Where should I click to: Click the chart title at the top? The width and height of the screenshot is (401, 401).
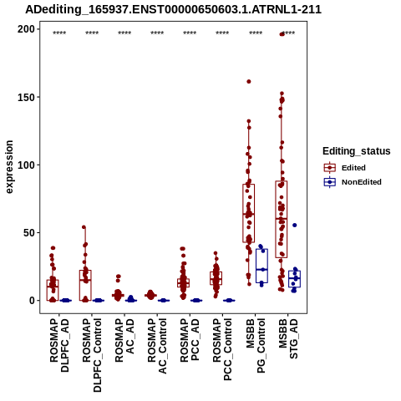point(173,9)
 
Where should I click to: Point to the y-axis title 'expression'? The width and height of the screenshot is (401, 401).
point(9,167)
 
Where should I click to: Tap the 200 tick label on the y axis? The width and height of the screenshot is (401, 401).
point(26,29)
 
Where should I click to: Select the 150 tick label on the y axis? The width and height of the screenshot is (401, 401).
point(26,97)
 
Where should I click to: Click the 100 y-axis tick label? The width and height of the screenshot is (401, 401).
point(26,165)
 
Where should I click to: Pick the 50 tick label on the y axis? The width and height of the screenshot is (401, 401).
point(29,232)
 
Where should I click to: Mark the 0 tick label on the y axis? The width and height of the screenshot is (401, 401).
point(33,301)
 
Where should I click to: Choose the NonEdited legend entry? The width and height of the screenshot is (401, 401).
point(353,182)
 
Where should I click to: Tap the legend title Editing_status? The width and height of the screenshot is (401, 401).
point(357,151)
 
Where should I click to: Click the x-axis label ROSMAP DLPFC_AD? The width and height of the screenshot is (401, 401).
point(59,345)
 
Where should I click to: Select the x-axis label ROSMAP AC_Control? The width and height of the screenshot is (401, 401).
point(157,346)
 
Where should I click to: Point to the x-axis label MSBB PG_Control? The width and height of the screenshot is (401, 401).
point(255,346)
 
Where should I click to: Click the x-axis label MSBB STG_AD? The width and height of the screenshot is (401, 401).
point(288,338)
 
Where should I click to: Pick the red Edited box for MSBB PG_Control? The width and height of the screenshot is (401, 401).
point(249,213)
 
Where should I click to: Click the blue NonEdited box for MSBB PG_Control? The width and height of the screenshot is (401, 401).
point(261,266)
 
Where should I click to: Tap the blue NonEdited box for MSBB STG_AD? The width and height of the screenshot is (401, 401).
point(294,279)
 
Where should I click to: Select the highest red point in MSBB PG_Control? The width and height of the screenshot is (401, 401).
point(249,82)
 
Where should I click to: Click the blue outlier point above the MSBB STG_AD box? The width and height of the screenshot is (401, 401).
point(295,225)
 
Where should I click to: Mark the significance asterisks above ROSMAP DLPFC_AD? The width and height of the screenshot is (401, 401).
point(59,33)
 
